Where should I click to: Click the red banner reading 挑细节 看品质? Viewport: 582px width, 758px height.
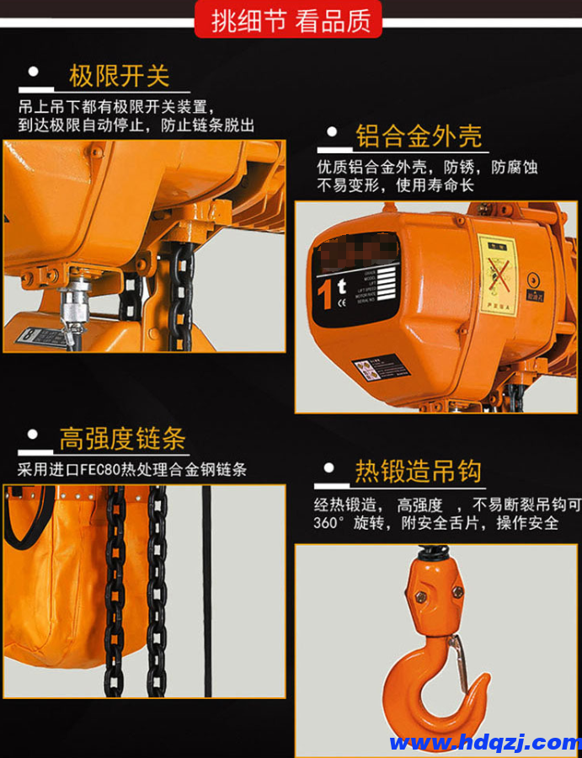[x=291, y=19]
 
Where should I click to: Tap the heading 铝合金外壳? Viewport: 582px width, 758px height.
[x=418, y=135]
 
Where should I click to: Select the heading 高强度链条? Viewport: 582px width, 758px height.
[x=122, y=439]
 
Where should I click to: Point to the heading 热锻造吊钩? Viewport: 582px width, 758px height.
[x=418, y=471]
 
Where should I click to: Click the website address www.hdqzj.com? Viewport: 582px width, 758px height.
[x=484, y=742]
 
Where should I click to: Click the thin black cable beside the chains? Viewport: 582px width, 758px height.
[x=206, y=590]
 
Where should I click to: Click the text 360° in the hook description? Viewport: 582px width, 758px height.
[x=331, y=523]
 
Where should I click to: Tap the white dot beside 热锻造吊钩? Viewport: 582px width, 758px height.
[x=329, y=467]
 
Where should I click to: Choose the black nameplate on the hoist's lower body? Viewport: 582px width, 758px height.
[x=379, y=368]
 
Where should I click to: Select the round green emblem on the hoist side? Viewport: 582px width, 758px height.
[x=533, y=280]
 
